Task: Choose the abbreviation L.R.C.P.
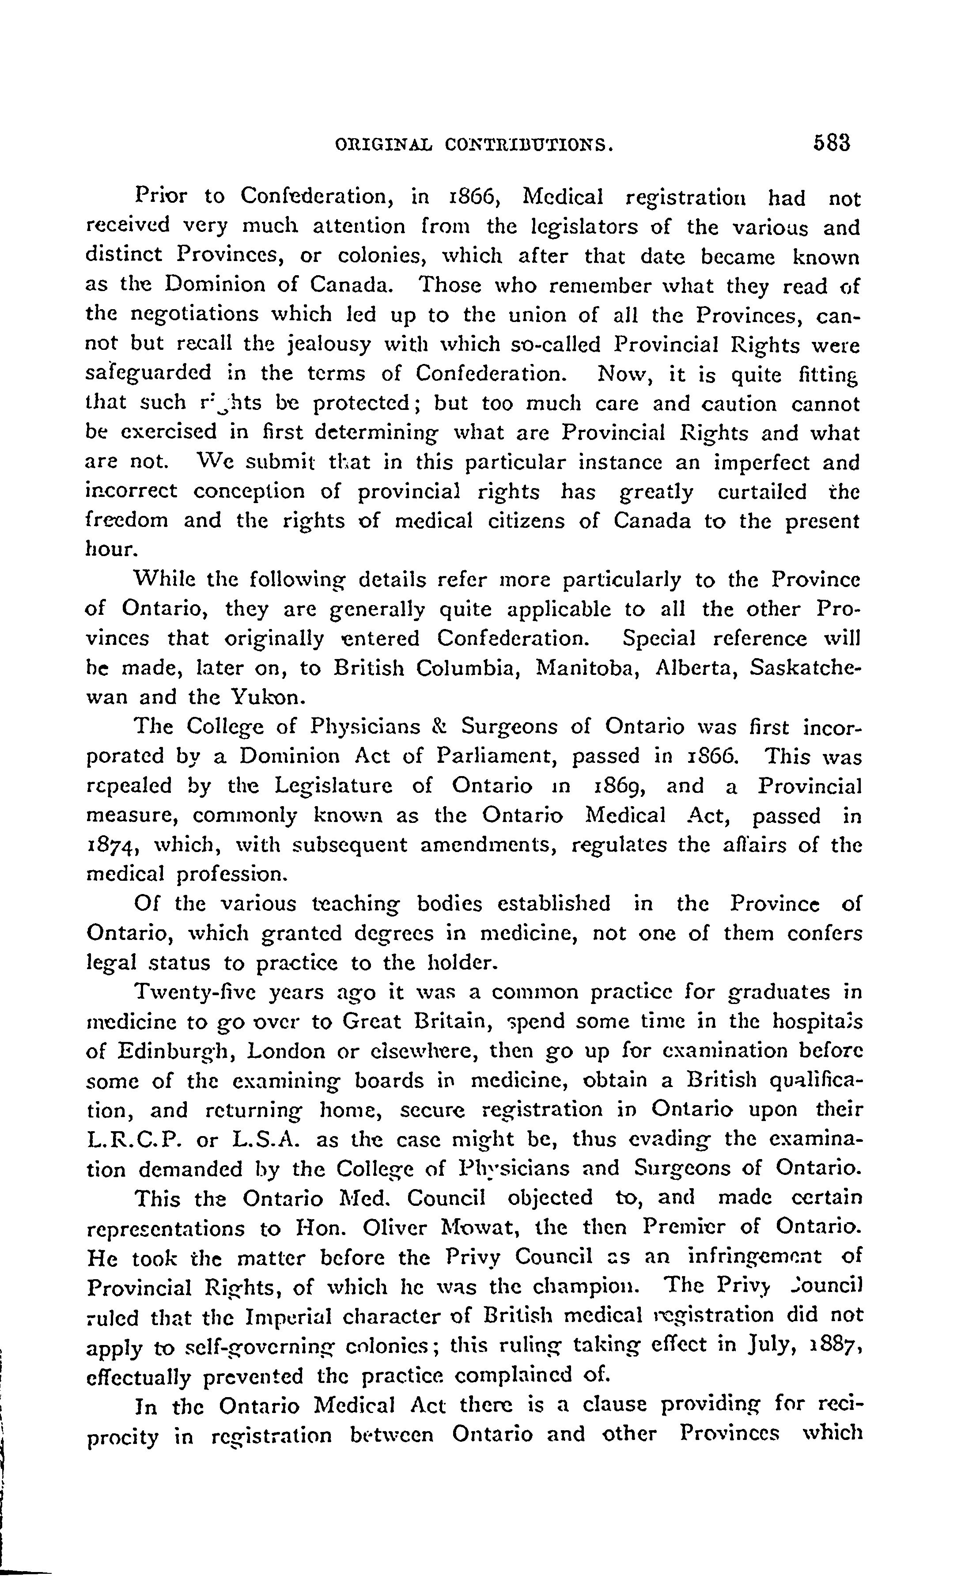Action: pyautogui.click(x=136, y=1140)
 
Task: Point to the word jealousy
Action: pyautogui.click(x=329, y=345)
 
